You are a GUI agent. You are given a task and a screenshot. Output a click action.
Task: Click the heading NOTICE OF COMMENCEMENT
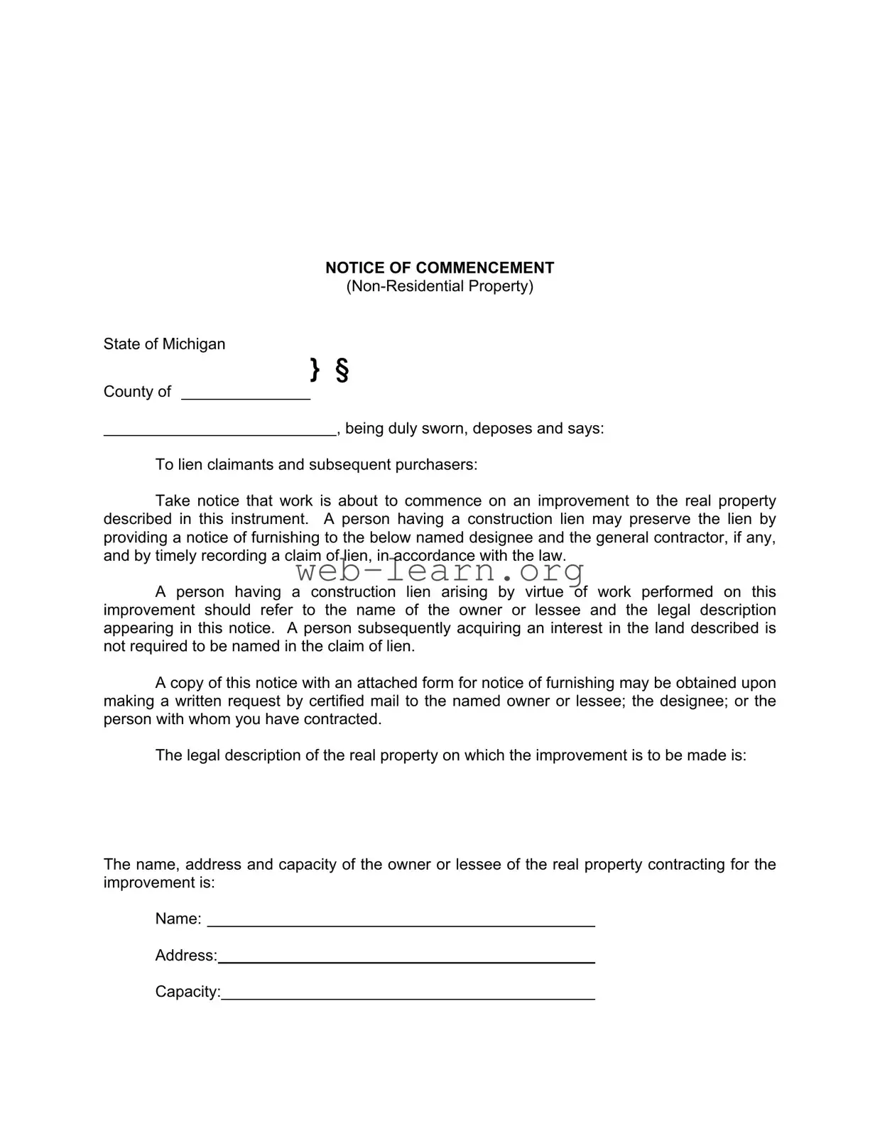coord(440,268)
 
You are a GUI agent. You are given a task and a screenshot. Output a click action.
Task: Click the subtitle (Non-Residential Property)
coord(440,286)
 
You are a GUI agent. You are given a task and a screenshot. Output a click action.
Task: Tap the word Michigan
coord(194,344)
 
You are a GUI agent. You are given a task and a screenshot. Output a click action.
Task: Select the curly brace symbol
coord(315,369)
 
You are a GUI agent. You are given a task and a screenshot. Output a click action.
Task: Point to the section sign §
coord(342,370)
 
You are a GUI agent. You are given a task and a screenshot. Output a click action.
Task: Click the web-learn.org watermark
coord(440,571)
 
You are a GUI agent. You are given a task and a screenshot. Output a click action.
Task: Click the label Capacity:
coord(188,992)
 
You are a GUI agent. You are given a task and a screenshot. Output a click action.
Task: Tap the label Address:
coord(186,956)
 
